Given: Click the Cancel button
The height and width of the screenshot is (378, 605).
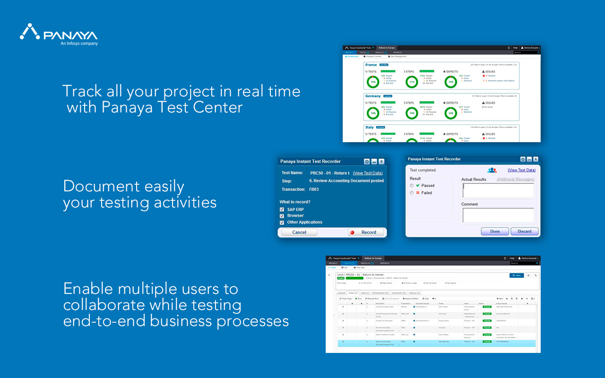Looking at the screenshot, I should pyautogui.click(x=299, y=232).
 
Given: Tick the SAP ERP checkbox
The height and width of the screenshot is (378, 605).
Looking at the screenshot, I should pyautogui.click(x=282, y=209).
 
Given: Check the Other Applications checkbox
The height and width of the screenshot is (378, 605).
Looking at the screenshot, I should pyautogui.click(x=282, y=222).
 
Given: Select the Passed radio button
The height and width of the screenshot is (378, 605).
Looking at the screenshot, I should pyautogui.click(x=412, y=186).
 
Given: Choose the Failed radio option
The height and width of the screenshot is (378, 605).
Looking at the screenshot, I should pyautogui.click(x=412, y=193).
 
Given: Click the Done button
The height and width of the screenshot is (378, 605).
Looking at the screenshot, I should pyautogui.click(x=495, y=232).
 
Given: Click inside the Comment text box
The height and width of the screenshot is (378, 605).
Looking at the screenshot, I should pyautogui.click(x=498, y=215).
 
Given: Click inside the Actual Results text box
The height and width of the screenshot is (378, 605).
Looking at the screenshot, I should pyautogui.click(x=498, y=190).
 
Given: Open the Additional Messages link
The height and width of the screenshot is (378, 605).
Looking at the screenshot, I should pyautogui.click(x=515, y=180).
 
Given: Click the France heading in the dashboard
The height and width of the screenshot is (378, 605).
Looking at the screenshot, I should pyautogui.click(x=371, y=65).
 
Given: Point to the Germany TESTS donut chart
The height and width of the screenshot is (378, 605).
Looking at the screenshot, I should pyautogui.click(x=373, y=113).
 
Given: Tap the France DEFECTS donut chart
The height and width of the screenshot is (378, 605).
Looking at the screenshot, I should pyautogui.click(x=451, y=82).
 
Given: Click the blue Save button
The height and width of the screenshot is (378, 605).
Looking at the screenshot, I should pyautogui.click(x=517, y=275).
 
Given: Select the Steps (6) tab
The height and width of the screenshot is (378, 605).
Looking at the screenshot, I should pyautogui.click(x=353, y=293).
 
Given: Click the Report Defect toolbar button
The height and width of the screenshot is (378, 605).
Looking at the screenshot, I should pyautogui.click(x=411, y=299).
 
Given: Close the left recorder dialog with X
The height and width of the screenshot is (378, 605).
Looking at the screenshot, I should pyautogui.click(x=381, y=162).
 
